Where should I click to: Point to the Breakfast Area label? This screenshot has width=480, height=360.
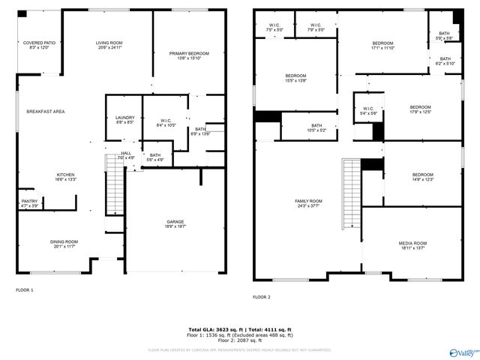tap(45, 111)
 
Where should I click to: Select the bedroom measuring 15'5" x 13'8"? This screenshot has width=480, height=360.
tap(295, 78)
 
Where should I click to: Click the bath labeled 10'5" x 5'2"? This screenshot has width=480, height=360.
tap(316, 127)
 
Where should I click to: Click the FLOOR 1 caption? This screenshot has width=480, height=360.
tap(24, 289)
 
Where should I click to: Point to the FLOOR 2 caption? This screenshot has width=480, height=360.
tap(261, 297)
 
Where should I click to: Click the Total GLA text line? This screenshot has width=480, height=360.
tap(239, 330)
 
